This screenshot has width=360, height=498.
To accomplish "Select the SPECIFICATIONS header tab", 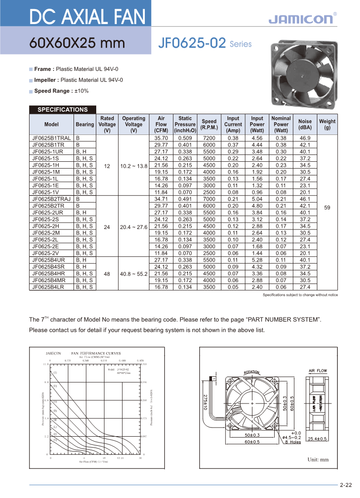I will coord(63,110).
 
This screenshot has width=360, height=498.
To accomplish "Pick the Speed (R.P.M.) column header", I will coord(209,124).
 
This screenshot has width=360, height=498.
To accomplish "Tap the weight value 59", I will coord(327,207).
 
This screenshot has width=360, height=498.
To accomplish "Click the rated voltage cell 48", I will coord(107,274).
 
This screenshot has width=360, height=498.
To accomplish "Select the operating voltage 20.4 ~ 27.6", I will coord(133,226).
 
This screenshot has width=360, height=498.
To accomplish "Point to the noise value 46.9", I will coord(305,138).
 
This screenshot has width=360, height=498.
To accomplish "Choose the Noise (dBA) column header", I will coord(305,124).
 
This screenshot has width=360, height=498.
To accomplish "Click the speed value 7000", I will coord(209,199).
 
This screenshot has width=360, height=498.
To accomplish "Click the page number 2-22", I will coord(346,485).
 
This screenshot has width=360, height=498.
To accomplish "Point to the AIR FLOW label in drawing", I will coord(318,371).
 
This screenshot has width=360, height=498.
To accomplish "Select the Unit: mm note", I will coord(318,460).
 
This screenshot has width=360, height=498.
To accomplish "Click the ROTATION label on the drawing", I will coord(252,372).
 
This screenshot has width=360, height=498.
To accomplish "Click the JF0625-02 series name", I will coord(192,44).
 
